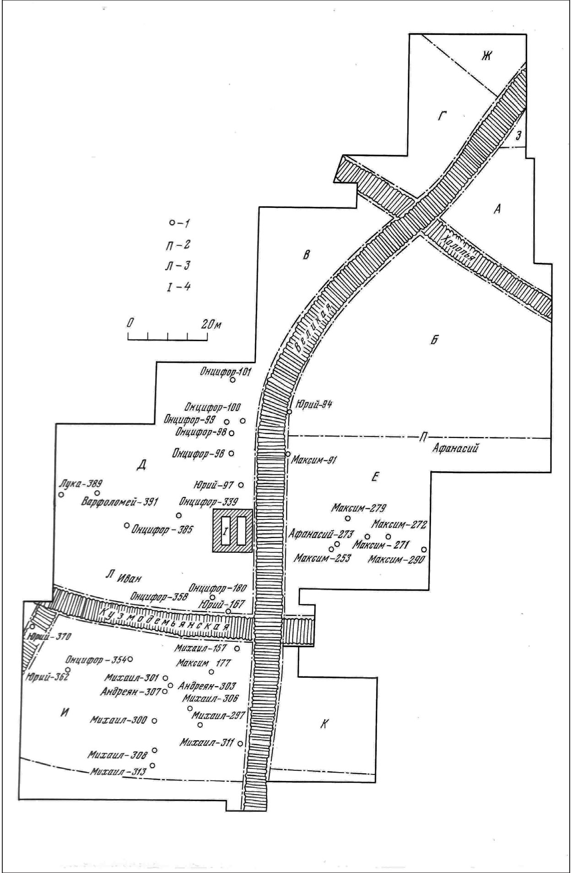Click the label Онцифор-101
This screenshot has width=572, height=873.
pos(225,371)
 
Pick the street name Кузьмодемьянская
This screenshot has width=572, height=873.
pos(165,621)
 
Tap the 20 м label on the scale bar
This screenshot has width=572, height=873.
pos(211,324)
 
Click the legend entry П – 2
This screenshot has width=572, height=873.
pos(178,245)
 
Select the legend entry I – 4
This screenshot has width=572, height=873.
pos(178,287)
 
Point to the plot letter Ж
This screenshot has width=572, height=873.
pos(486,56)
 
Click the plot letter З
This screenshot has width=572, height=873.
pos(518,135)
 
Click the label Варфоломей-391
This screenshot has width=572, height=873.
pos(119,502)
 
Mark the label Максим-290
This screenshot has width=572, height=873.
pos(396,559)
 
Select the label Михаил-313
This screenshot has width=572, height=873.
pos(118,771)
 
